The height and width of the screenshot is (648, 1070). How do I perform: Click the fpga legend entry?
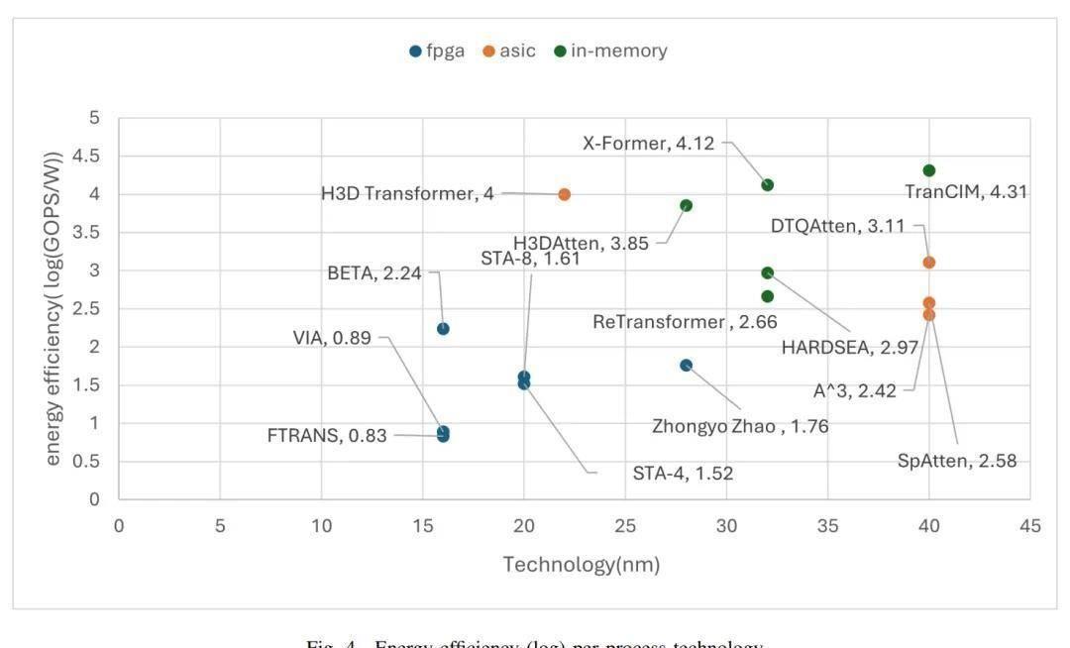437,51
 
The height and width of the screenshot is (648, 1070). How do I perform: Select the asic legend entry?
509,51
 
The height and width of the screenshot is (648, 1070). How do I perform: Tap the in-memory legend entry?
610,51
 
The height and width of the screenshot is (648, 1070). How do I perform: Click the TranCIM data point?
928,170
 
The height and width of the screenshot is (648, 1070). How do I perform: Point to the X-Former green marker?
767,185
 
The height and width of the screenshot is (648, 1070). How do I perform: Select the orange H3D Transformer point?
565,195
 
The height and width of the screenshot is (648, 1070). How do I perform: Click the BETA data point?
443,329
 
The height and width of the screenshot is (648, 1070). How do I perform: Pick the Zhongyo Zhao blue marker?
686,366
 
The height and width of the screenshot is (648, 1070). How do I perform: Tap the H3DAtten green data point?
686,206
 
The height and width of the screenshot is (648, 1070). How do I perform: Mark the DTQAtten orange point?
928,263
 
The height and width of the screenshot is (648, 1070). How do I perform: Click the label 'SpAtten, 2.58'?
957,461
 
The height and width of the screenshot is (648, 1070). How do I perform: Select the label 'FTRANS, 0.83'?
327,435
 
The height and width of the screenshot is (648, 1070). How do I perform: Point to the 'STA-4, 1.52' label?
683,474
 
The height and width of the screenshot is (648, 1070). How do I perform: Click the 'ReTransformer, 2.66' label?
685,322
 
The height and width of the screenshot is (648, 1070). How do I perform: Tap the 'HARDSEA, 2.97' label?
850,348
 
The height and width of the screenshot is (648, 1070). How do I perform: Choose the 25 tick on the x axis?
625,526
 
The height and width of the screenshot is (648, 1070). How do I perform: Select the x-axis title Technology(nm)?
581,565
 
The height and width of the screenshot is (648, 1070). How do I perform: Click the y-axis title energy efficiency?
55,308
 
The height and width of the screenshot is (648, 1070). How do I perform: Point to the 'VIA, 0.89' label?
332,338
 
